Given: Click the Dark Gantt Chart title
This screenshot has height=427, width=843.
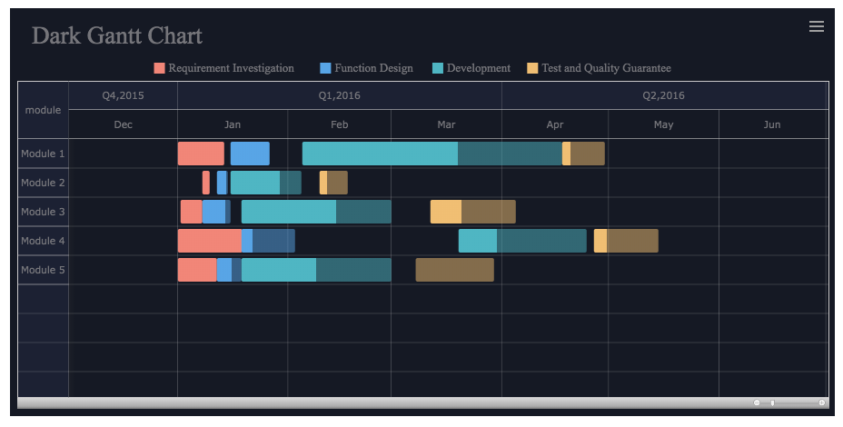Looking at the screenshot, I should (117, 35).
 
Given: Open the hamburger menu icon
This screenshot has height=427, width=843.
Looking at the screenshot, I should (816, 26).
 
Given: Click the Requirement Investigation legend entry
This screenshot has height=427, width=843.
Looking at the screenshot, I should (224, 68).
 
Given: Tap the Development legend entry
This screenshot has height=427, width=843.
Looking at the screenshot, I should (471, 68).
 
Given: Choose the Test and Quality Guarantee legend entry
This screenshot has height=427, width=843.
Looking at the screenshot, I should (599, 68).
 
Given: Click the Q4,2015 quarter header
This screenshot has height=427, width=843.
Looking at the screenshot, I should (123, 95).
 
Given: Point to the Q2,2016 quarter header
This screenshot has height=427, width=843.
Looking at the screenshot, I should (663, 95).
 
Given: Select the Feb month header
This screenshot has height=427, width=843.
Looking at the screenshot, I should (339, 124).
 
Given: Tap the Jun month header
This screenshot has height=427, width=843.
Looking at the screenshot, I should (771, 124).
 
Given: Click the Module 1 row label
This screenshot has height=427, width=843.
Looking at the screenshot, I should (43, 154).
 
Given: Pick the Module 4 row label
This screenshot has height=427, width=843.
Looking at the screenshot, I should (43, 241).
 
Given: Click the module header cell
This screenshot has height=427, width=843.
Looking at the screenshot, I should (43, 110).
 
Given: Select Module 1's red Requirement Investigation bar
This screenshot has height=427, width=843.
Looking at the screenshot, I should (201, 154).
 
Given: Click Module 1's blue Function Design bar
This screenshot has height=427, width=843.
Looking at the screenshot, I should (250, 154).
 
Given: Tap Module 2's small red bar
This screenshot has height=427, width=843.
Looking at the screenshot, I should (206, 183).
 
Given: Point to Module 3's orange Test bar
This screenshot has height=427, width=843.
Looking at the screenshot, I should (472, 212).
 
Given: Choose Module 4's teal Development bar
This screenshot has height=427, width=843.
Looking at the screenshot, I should (522, 241).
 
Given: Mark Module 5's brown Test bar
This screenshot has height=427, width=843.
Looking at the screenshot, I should (454, 270).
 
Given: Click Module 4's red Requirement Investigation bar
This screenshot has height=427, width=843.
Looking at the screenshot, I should (210, 241).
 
